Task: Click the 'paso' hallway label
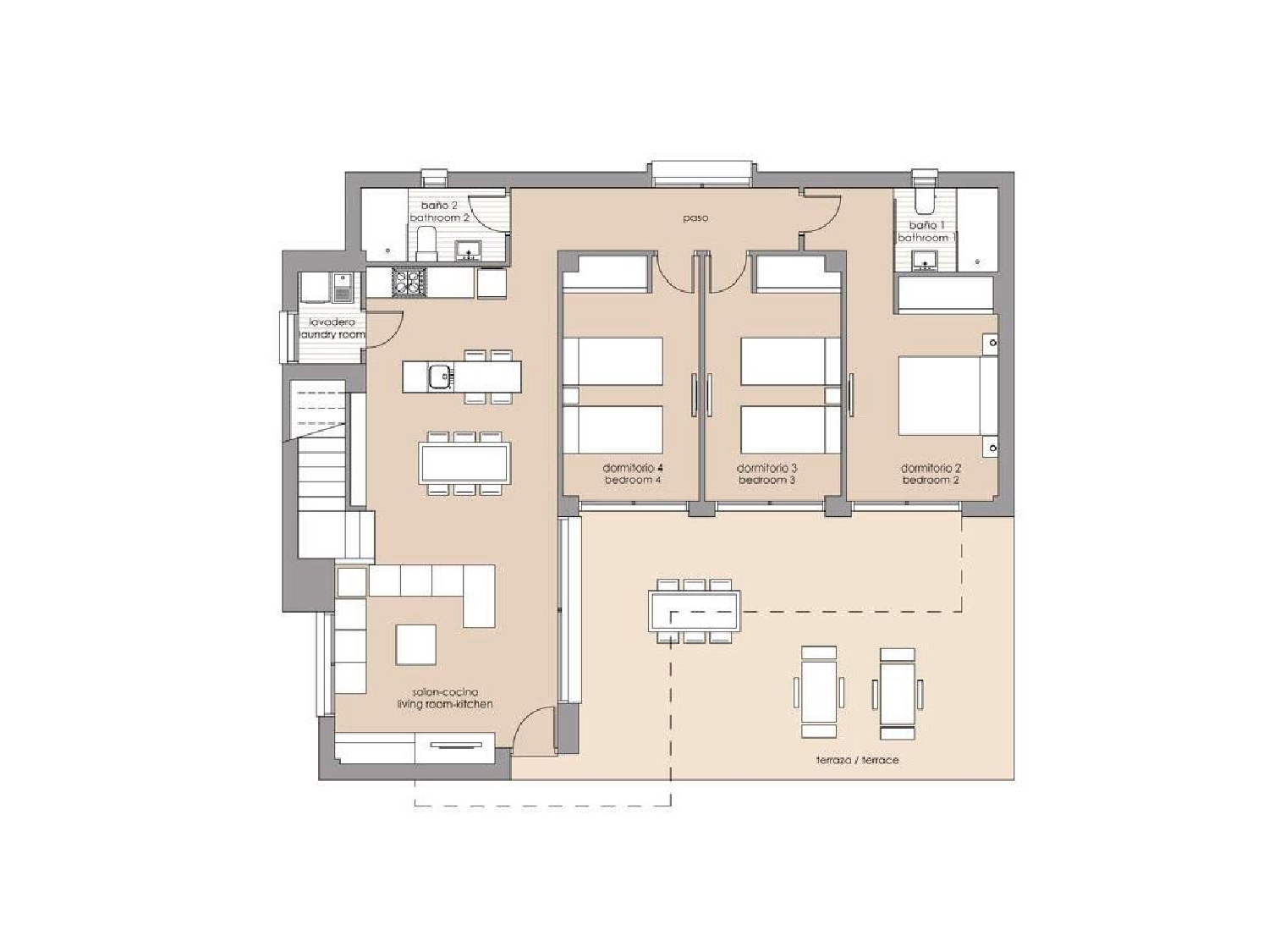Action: pyautogui.click(x=695, y=218)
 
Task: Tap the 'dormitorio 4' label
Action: pyautogui.click(x=632, y=468)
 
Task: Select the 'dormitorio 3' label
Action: pyautogui.click(x=767, y=468)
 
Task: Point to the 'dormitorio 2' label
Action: pyautogui.click(x=931, y=468)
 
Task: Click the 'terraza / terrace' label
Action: pyautogui.click(x=857, y=760)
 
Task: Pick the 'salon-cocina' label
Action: pyautogui.click(x=445, y=692)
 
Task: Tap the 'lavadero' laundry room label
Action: pyautogui.click(x=332, y=322)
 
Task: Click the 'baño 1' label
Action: pyautogui.click(x=926, y=225)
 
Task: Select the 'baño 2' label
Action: pyautogui.click(x=439, y=206)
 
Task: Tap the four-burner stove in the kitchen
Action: pyautogui.click(x=409, y=282)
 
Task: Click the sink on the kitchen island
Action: pyautogui.click(x=439, y=375)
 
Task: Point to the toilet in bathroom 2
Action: pyautogui.click(x=426, y=242)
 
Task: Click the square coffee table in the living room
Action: pyautogui.click(x=416, y=645)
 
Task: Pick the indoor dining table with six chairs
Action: pyautogui.click(x=464, y=463)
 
